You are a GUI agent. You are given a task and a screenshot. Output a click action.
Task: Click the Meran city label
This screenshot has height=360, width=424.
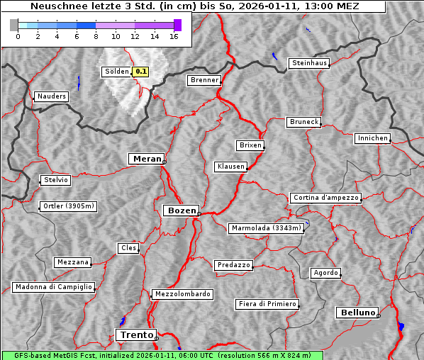(146, 159)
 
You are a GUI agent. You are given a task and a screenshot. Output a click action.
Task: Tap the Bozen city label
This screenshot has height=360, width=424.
(181, 210)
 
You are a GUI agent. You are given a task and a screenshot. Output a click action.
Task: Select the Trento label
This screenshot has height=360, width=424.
(135, 334)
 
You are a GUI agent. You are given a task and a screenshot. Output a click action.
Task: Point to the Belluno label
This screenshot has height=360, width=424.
(357, 312)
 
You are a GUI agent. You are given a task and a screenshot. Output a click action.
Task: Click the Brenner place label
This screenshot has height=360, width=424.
(204, 80)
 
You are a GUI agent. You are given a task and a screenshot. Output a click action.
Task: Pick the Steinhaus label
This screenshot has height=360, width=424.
(309, 63)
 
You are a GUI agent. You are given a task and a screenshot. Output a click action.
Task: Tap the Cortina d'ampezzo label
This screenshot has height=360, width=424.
(325, 198)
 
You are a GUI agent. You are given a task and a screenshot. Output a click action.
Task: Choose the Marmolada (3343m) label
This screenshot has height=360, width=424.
(267, 228)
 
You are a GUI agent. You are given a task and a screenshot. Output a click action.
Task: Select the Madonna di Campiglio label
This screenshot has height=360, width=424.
(53, 287)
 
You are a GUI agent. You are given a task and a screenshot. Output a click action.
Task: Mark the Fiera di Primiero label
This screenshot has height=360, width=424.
(267, 304)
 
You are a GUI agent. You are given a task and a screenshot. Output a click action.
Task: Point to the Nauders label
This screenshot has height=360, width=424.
(51, 96)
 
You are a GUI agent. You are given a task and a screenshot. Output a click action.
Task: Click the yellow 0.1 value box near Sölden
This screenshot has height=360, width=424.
(141, 72)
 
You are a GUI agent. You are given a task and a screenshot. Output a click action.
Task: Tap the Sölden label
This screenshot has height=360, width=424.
(117, 72)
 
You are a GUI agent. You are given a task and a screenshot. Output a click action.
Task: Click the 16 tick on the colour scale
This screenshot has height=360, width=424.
(174, 37)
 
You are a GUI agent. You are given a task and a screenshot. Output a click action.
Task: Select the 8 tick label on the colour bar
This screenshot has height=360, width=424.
(96, 37)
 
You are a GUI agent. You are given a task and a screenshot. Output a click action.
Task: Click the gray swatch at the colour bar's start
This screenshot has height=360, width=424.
(14, 25)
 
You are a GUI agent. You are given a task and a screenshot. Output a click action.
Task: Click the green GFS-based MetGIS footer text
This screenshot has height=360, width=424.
(162, 355)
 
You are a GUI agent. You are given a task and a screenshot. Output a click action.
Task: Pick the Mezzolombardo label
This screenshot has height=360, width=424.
(182, 293)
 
